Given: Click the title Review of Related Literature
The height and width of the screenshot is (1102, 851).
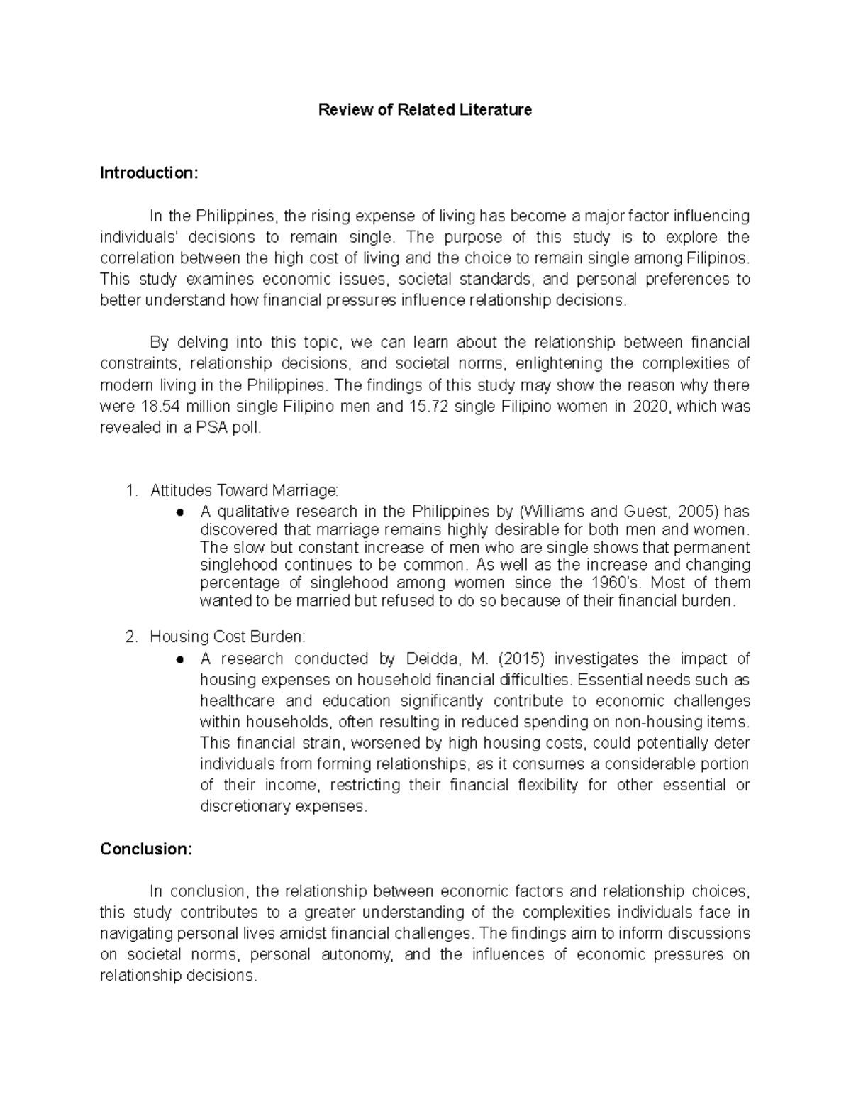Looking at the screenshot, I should [425, 110].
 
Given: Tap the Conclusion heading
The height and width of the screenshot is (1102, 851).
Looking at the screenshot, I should [146, 849].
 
